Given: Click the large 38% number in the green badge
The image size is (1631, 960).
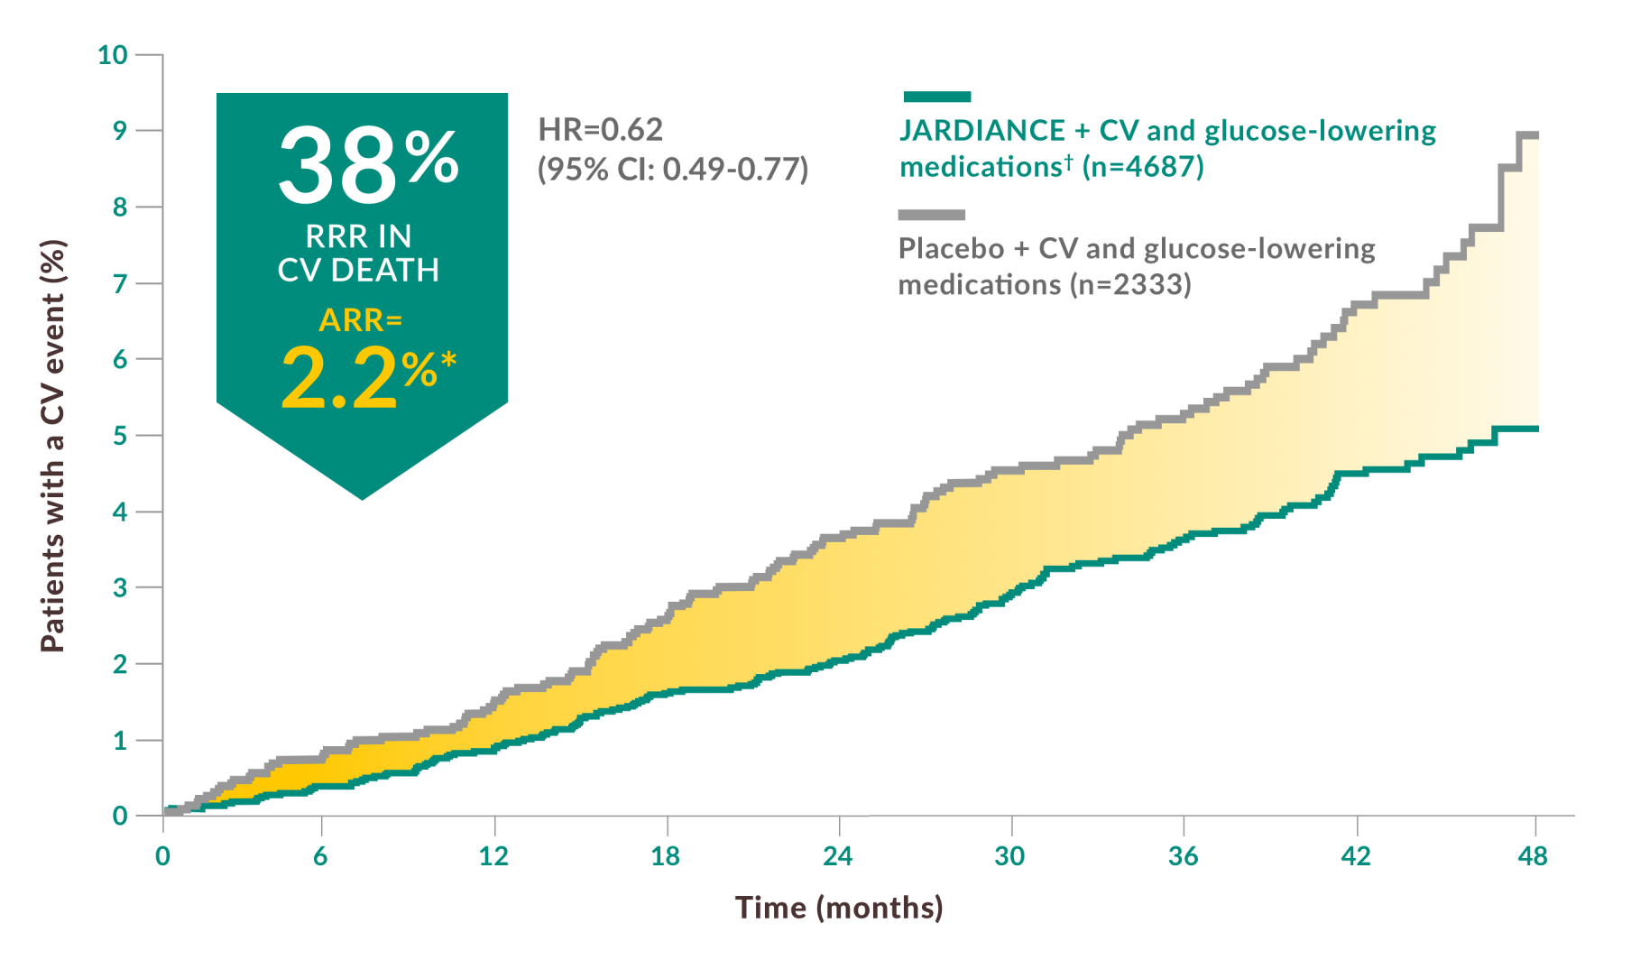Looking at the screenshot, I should pos(368,164).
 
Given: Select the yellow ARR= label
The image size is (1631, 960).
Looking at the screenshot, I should pos(361,320).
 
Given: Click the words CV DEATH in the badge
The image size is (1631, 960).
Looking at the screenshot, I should pos(358,270).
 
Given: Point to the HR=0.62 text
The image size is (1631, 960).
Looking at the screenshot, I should pos(601,130).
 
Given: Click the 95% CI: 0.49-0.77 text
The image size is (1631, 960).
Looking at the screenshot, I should pos(673,169).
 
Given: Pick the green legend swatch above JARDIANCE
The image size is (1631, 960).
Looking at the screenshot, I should pos(936,97).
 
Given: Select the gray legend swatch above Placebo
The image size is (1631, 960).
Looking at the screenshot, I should pos(931,215).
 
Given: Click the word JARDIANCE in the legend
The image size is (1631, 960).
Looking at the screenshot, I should pos(982,131).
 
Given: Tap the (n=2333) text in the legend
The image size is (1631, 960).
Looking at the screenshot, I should pos(1130,285).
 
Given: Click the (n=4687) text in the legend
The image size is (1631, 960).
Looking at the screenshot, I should pos(1143,167).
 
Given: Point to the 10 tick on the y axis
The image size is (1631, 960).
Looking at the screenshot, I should pos(113,55).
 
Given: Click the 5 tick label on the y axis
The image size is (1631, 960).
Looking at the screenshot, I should pos(120,436).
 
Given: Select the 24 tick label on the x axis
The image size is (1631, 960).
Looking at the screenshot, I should pos(837,856).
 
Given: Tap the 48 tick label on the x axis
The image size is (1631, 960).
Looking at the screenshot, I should pos(1533,856).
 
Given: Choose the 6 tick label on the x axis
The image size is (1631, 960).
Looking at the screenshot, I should pos(320,856).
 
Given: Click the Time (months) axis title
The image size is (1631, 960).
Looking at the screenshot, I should pos(839,908).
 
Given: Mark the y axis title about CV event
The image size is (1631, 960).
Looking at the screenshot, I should pos(53,446).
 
